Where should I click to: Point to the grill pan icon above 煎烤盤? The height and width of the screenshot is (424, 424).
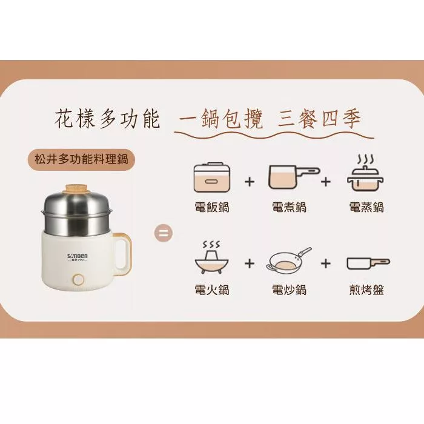(368, 263)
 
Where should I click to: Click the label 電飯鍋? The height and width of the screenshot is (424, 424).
(212, 207)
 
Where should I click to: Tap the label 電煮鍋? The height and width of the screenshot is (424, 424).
(289, 207)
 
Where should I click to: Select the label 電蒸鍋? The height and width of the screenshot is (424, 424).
(366, 207)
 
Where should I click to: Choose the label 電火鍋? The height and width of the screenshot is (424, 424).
(212, 290)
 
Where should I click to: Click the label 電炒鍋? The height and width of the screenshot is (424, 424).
(289, 290)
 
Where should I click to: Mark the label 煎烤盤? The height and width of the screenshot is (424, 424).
(366, 290)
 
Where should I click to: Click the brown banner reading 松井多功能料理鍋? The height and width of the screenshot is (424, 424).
(82, 160)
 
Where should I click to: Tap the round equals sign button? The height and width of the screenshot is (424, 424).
(165, 233)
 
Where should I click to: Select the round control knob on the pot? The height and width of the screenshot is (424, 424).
(78, 280)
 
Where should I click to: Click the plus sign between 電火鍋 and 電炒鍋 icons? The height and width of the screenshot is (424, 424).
(249, 263)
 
